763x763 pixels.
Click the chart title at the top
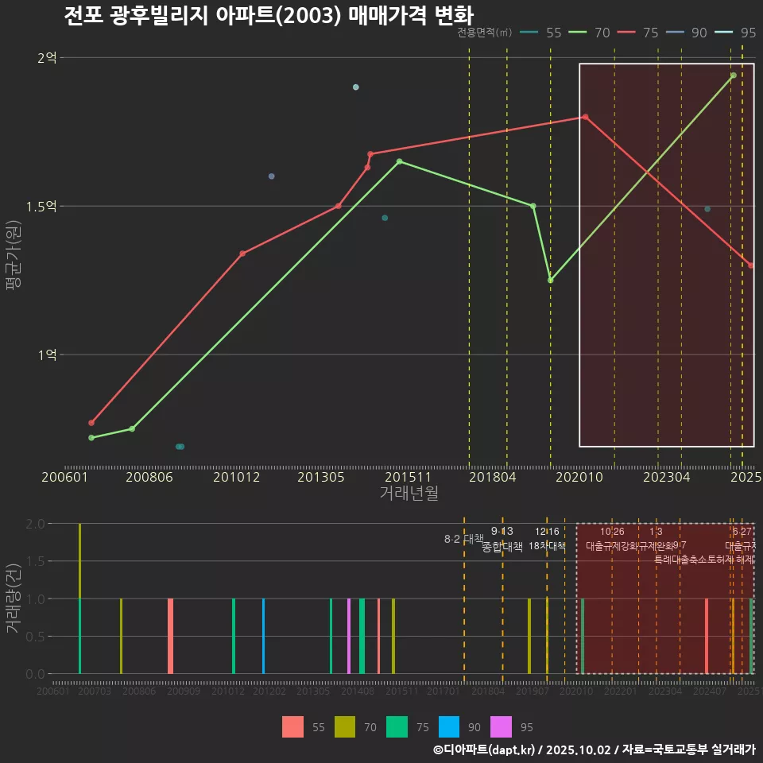(269, 15)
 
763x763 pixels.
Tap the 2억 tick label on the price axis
(47, 58)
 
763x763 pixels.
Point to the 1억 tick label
(47, 355)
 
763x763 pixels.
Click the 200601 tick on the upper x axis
(64, 477)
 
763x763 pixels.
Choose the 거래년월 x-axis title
(409, 494)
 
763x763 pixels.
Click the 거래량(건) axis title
(13, 598)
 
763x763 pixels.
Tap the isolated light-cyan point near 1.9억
(356, 87)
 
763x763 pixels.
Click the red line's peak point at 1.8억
(585, 117)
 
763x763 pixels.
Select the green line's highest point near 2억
(734, 76)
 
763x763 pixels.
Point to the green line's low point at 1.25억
(550, 280)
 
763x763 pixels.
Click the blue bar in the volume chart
(263, 636)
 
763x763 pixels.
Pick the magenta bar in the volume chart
(349, 636)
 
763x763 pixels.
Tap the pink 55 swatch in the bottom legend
(292, 726)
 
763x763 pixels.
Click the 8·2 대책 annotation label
(463, 539)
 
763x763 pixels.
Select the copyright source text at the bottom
(594, 749)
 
